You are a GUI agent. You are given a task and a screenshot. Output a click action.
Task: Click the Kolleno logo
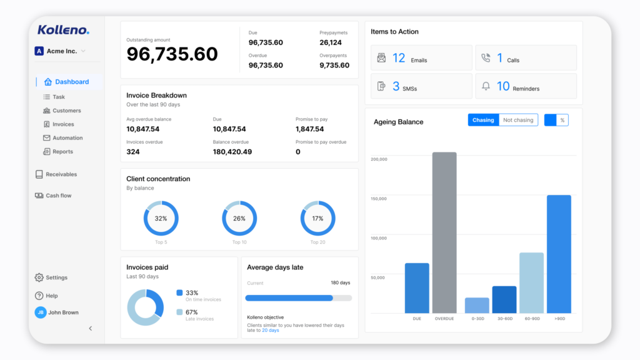(63, 30)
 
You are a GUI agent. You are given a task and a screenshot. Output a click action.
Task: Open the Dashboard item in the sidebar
(71, 82)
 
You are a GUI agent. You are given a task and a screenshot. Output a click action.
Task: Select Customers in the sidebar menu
(66, 111)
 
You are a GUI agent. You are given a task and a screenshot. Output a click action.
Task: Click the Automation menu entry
(67, 138)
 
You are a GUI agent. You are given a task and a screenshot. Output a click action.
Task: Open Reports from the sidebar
(62, 152)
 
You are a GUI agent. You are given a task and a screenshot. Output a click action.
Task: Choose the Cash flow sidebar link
(58, 196)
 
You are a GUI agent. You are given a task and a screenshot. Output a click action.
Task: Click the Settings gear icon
(39, 277)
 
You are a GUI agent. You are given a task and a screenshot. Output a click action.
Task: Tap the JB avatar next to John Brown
(41, 312)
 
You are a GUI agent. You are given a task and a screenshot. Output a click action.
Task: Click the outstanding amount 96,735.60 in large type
(172, 54)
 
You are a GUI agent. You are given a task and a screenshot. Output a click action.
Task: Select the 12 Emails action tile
(421, 58)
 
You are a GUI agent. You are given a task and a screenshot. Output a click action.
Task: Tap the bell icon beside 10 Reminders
(486, 87)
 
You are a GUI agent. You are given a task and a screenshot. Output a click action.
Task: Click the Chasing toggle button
(483, 120)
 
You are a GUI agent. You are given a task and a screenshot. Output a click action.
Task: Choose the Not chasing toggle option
(518, 120)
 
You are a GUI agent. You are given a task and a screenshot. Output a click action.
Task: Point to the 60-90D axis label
(531, 318)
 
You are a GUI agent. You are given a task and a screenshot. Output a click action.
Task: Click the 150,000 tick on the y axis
(379, 199)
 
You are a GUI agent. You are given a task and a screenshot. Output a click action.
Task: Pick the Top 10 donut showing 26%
(239, 219)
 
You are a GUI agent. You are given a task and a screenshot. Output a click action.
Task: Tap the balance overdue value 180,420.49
(232, 152)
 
